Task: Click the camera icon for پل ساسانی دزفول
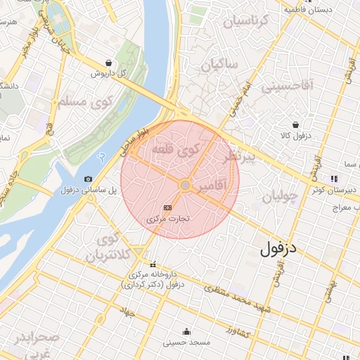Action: pos(88,179)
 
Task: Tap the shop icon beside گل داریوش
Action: pos(107,62)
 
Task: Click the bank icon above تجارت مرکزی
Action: pos(167,208)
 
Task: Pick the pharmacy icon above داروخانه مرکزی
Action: pos(133,264)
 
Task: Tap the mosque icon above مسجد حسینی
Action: pos(186,332)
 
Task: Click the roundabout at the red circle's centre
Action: pos(184,185)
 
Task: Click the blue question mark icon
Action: pos(103,155)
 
